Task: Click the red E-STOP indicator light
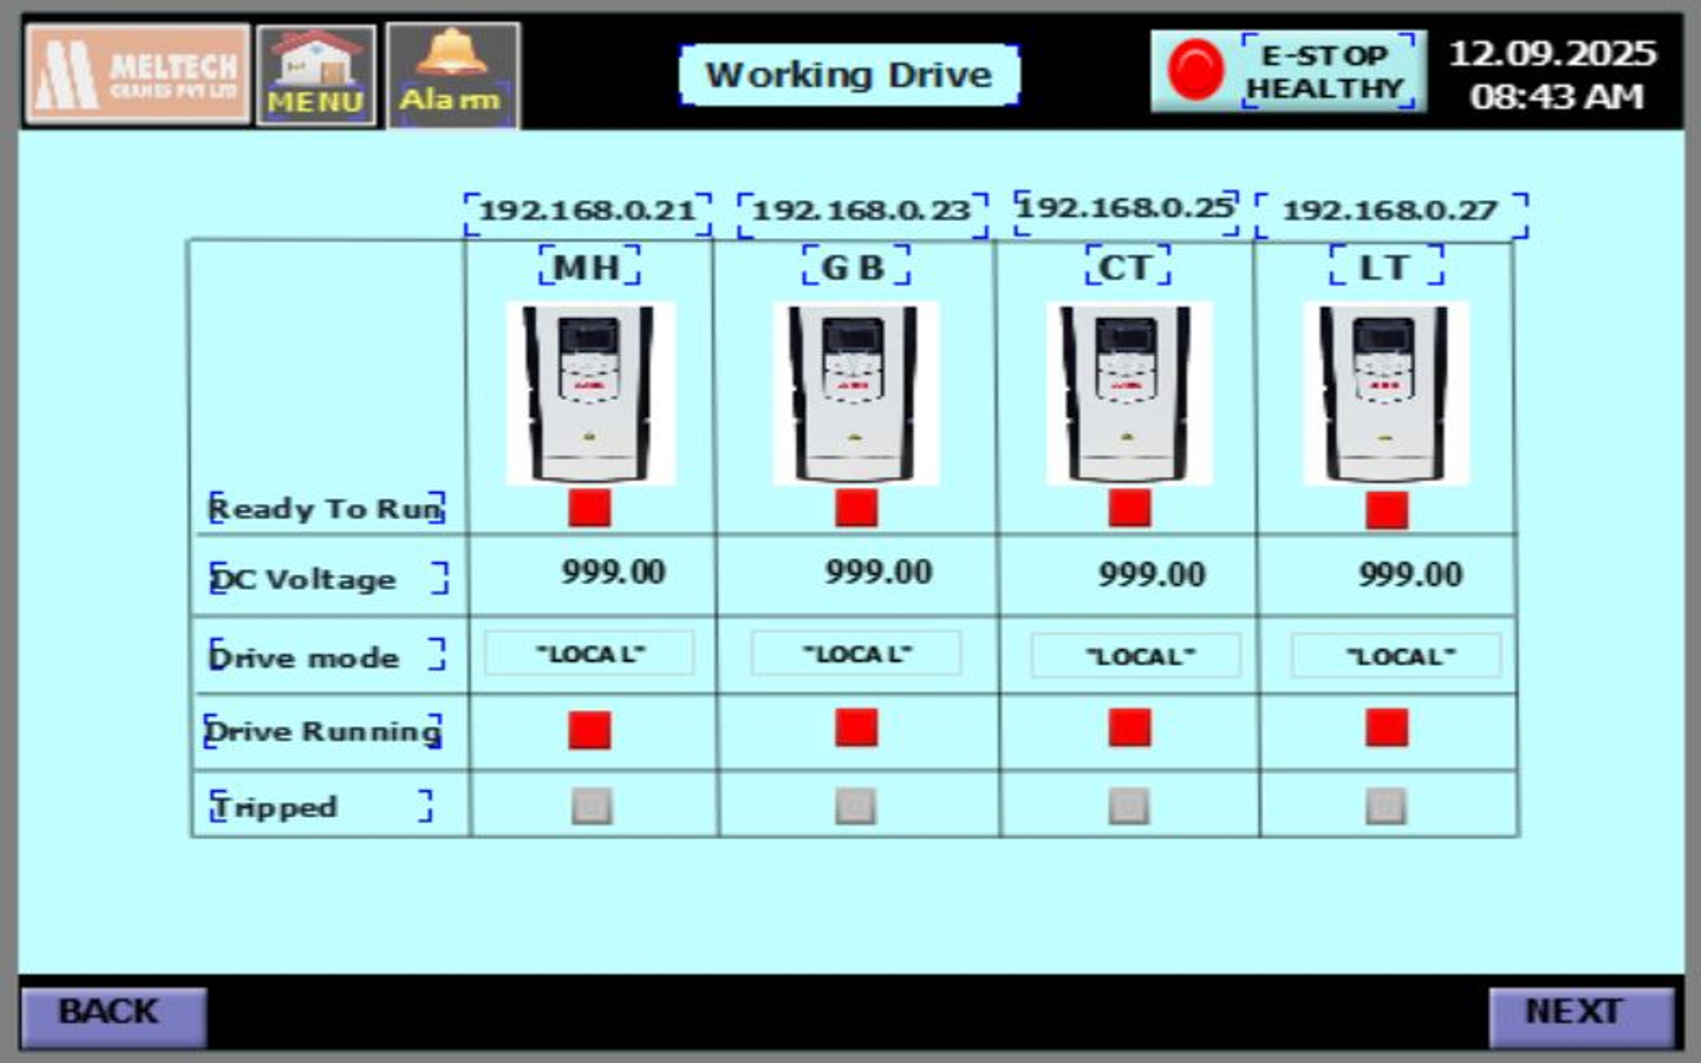pyautogui.click(x=1195, y=70)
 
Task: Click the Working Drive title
pyautogui.click(x=849, y=75)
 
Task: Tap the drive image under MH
pyautogui.click(x=590, y=394)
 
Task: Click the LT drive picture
pyautogui.click(x=1386, y=394)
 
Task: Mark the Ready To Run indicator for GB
pyautogui.click(x=856, y=508)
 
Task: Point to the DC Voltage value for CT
pyautogui.click(x=1151, y=574)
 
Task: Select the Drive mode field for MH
pyautogui.click(x=589, y=654)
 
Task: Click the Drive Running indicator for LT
pyautogui.click(x=1387, y=728)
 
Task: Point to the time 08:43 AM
pyautogui.click(x=1556, y=97)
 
